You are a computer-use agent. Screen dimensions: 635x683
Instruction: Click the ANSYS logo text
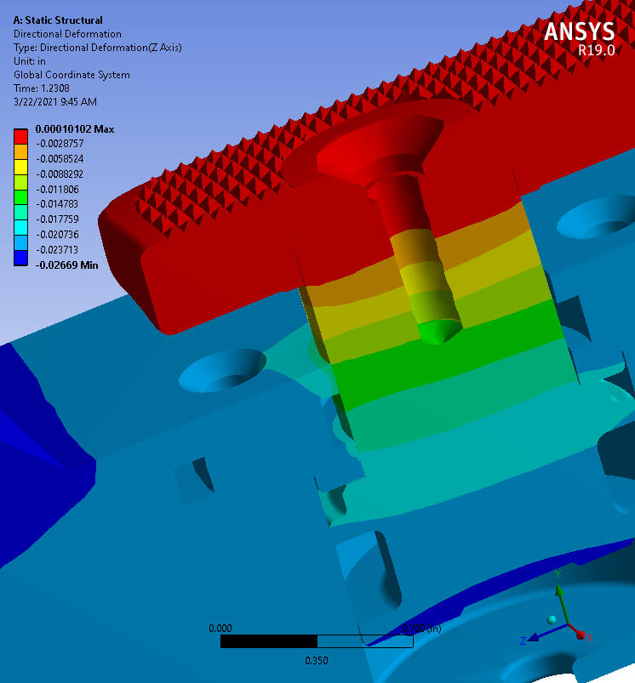pyautogui.click(x=579, y=31)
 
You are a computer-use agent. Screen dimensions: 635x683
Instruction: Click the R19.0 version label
pyautogui.click(x=596, y=50)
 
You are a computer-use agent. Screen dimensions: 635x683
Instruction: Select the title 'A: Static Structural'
pyautogui.click(x=58, y=20)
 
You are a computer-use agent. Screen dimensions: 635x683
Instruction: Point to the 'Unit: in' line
pyautogui.click(x=30, y=61)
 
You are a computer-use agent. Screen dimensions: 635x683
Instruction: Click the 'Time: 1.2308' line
pyautogui.click(x=42, y=88)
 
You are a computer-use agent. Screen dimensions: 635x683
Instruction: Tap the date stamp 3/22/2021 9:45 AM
pyautogui.click(x=55, y=102)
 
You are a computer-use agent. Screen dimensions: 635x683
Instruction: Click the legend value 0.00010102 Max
pyautogui.click(x=75, y=129)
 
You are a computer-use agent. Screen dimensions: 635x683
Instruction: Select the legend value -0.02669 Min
pyautogui.click(x=66, y=265)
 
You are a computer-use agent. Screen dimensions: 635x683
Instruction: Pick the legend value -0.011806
pyautogui.click(x=58, y=190)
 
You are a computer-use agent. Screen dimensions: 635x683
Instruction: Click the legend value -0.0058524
pyautogui.click(x=60, y=159)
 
